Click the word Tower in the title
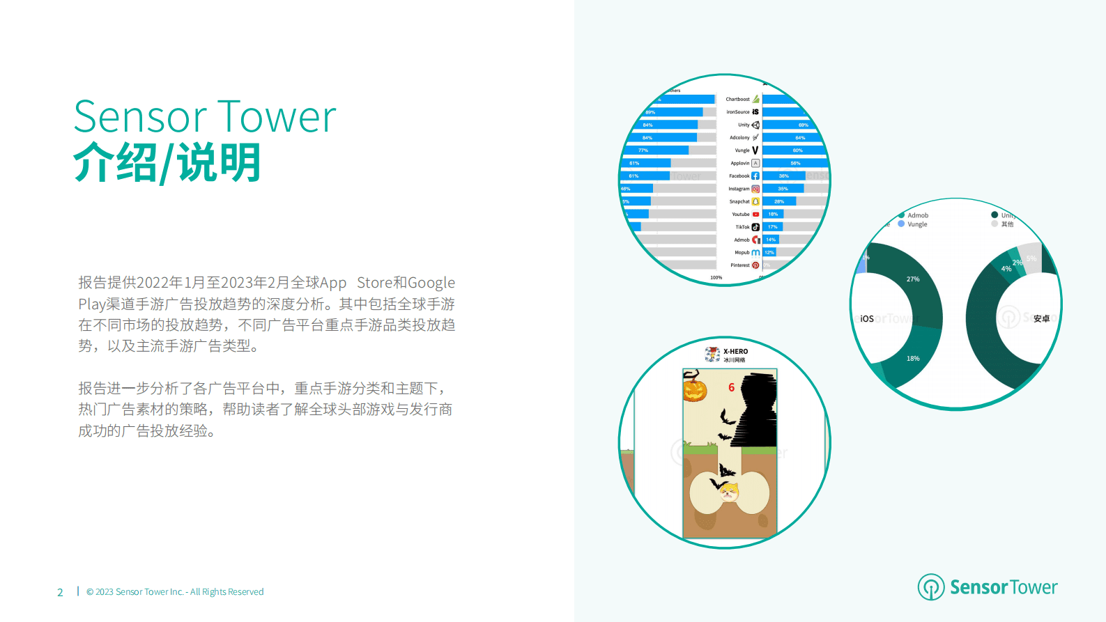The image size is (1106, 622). pos(277,117)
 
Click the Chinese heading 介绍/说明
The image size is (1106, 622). pos(167,163)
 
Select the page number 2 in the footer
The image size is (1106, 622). pos(60,592)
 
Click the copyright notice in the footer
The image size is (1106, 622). pos(175,592)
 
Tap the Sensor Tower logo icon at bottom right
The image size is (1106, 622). pos(930,587)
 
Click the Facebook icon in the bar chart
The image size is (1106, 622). pos(755,176)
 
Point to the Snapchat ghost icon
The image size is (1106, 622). pos(755,201)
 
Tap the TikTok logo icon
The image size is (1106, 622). pos(755,227)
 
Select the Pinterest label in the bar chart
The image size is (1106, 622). pos(740,265)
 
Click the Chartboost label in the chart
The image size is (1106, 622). pos(738,100)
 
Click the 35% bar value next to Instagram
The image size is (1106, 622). pos(783,189)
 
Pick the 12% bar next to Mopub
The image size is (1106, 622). pos(769,252)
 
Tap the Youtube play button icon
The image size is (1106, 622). pos(755,215)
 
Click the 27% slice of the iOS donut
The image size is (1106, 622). pos(913,279)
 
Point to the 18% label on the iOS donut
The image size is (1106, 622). pos(913,359)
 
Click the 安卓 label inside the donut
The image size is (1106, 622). pos(1041,318)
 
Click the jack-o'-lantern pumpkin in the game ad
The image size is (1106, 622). pos(695,387)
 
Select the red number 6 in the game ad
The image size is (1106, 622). pos(731,387)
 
